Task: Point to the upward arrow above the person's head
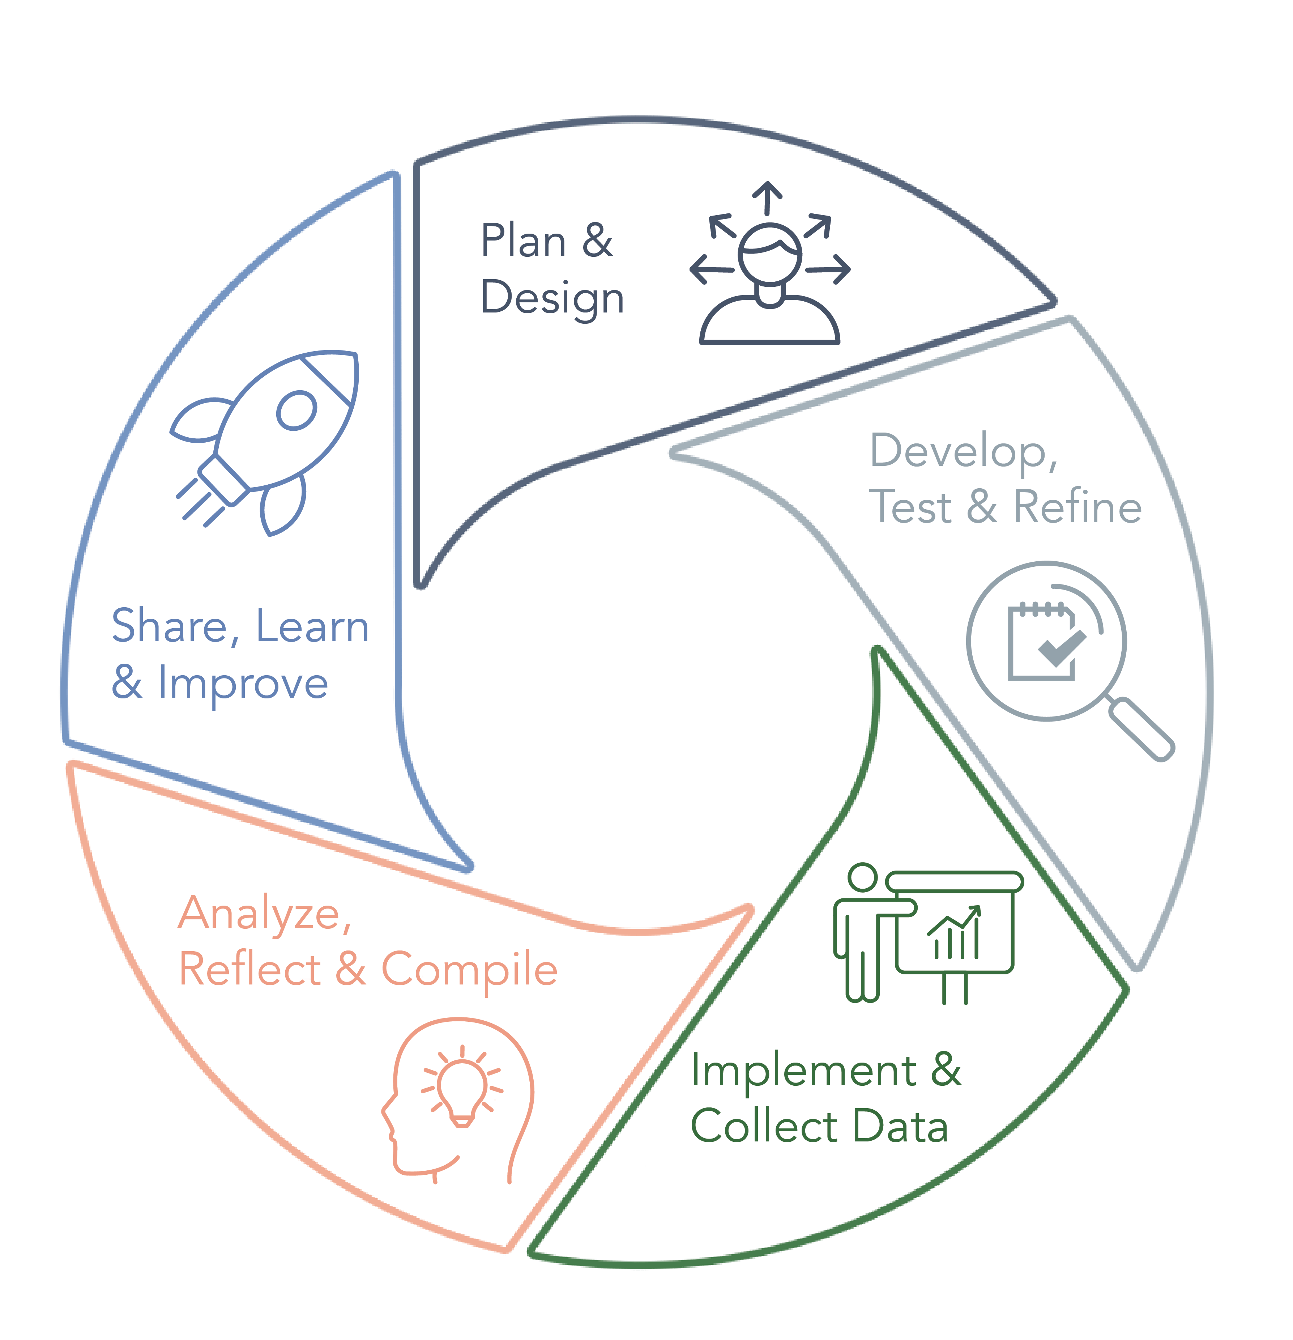click(x=768, y=198)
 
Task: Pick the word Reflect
click(x=249, y=969)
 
